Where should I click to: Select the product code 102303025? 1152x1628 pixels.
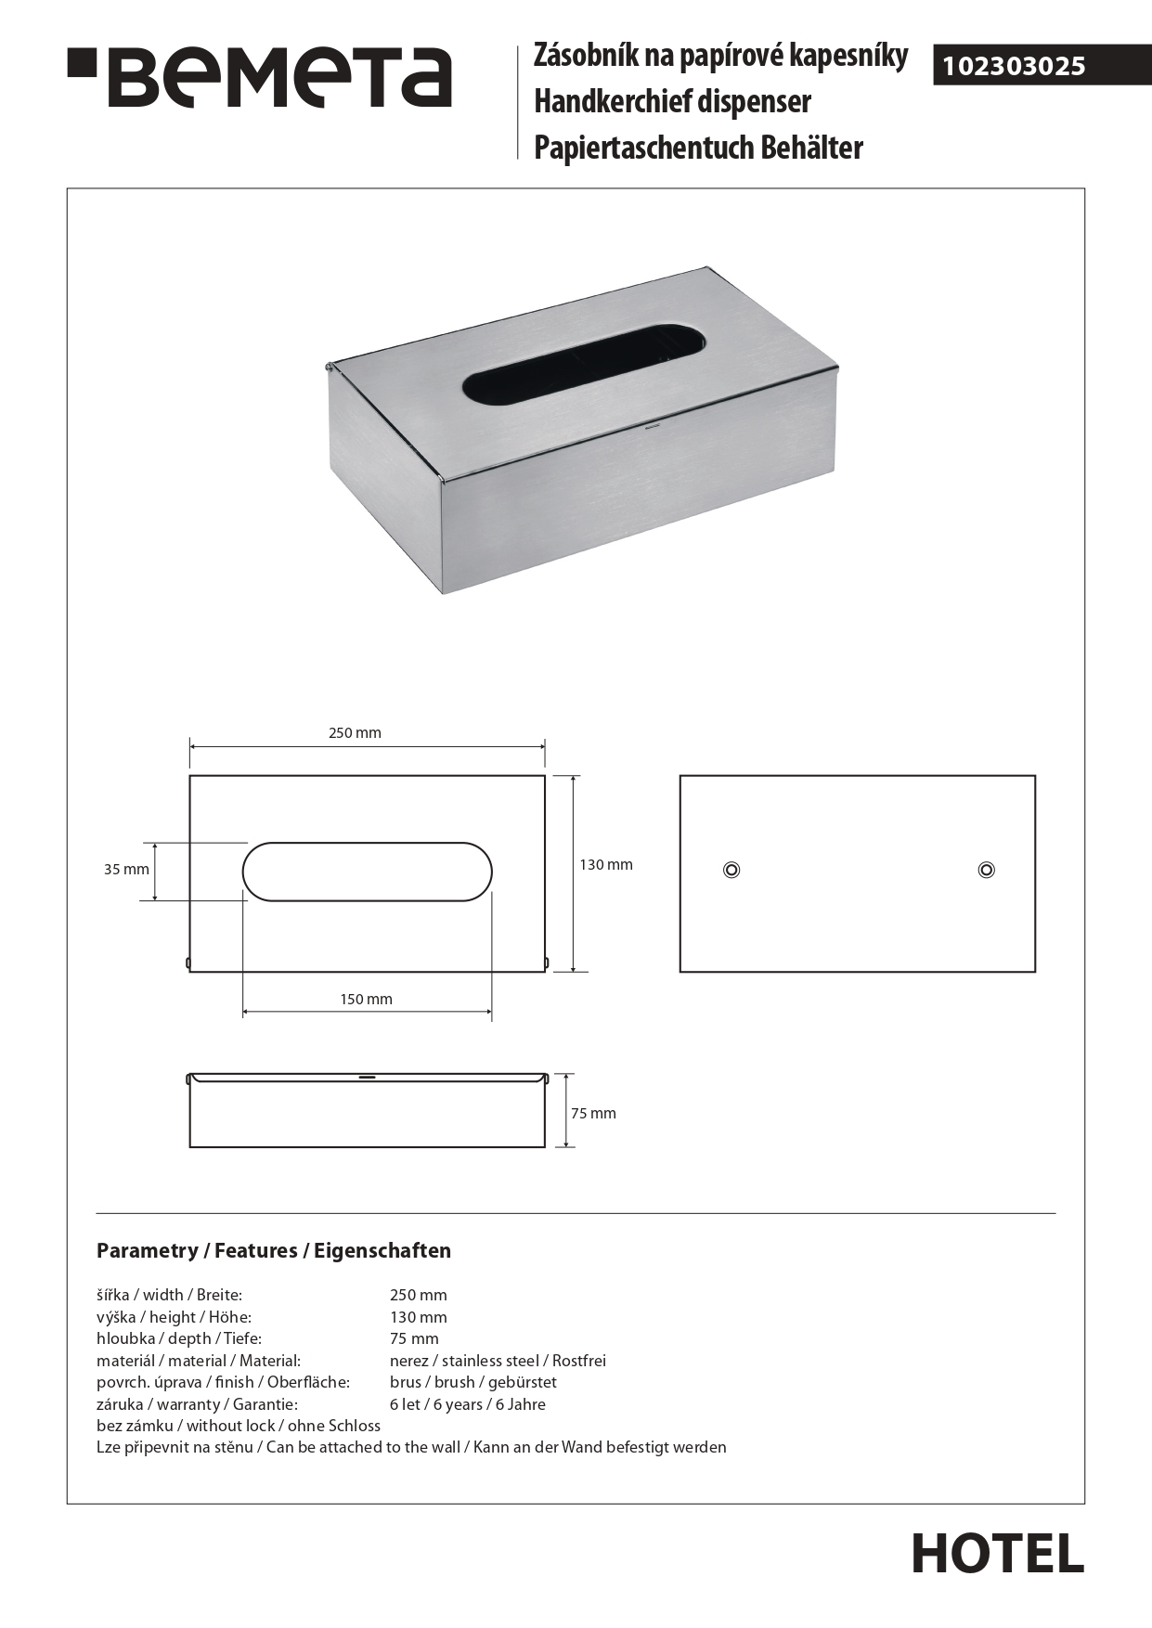(x=1014, y=66)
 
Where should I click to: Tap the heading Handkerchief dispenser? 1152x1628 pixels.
(x=672, y=102)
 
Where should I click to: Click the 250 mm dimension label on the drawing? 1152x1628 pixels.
(x=355, y=733)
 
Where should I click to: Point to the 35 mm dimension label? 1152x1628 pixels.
(x=126, y=870)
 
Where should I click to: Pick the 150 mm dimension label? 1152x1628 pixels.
(x=366, y=1000)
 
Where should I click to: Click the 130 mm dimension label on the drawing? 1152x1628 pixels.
(x=606, y=865)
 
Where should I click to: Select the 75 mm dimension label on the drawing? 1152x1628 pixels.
(x=593, y=1114)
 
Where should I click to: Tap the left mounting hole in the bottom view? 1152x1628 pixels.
(x=731, y=870)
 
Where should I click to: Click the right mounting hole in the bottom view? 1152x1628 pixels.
(x=987, y=870)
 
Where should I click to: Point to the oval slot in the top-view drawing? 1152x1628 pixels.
(x=368, y=872)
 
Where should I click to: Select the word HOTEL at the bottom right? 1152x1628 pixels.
(x=997, y=1554)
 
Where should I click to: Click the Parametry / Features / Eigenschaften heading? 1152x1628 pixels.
(x=274, y=1251)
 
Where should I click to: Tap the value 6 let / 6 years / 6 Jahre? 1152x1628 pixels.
(x=467, y=1404)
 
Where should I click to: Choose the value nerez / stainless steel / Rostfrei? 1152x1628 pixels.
(x=498, y=1361)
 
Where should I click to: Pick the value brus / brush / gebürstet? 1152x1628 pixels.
(x=472, y=1382)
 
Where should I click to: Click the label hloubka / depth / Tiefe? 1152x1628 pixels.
(x=179, y=1338)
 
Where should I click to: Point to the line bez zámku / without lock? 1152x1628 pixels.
(x=239, y=1426)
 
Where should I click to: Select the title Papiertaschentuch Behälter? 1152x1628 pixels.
(x=698, y=149)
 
